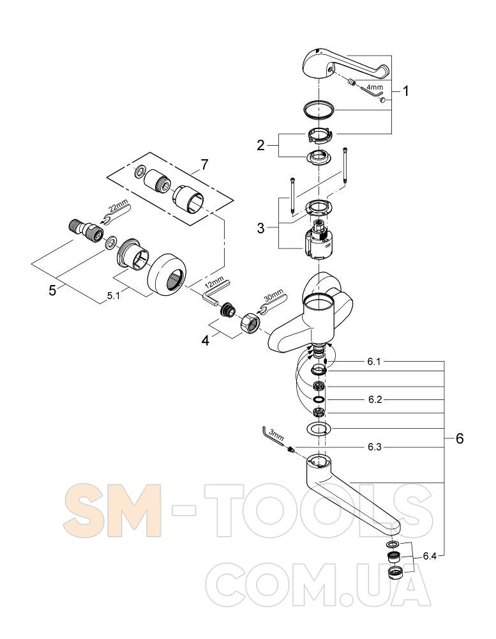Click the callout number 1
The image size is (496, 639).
tap(405, 91)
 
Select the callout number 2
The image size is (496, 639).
tap(260, 145)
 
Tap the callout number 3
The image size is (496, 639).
tap(260, 228)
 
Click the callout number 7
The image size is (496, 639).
tap(204, 165)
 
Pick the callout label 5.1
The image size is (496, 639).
tap(114, 296)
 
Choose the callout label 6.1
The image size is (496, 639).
tap(374, 362)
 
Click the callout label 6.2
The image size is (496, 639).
tap(375, 400)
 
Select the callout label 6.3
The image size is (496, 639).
tap(375, 447)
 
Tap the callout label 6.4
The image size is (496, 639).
tap(430, 555)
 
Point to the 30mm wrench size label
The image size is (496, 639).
tap(273, 295)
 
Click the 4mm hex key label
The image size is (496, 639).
tap(374, 87)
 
